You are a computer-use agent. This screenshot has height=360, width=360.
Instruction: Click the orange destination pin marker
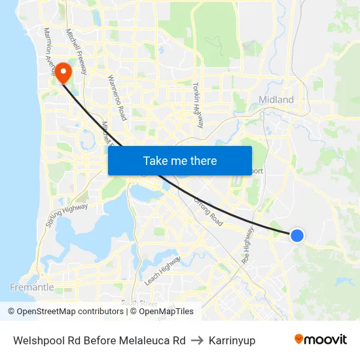(63, 73)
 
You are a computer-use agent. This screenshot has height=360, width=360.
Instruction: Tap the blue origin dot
(297, 235)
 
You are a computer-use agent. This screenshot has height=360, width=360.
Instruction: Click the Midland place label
(276, 99)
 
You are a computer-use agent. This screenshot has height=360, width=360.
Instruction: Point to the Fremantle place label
(32, 287)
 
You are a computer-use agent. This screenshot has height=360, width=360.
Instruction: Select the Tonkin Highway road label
(198, 105)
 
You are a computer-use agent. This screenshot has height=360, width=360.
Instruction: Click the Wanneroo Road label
(116, 98)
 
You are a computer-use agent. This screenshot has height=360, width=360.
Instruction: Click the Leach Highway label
(162, 269)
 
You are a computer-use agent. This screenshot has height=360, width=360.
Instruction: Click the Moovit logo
(320, 340)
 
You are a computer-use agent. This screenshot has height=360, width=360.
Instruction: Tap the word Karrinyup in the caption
(229, 340)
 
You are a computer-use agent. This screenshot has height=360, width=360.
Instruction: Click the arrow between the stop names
(196, 340)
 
